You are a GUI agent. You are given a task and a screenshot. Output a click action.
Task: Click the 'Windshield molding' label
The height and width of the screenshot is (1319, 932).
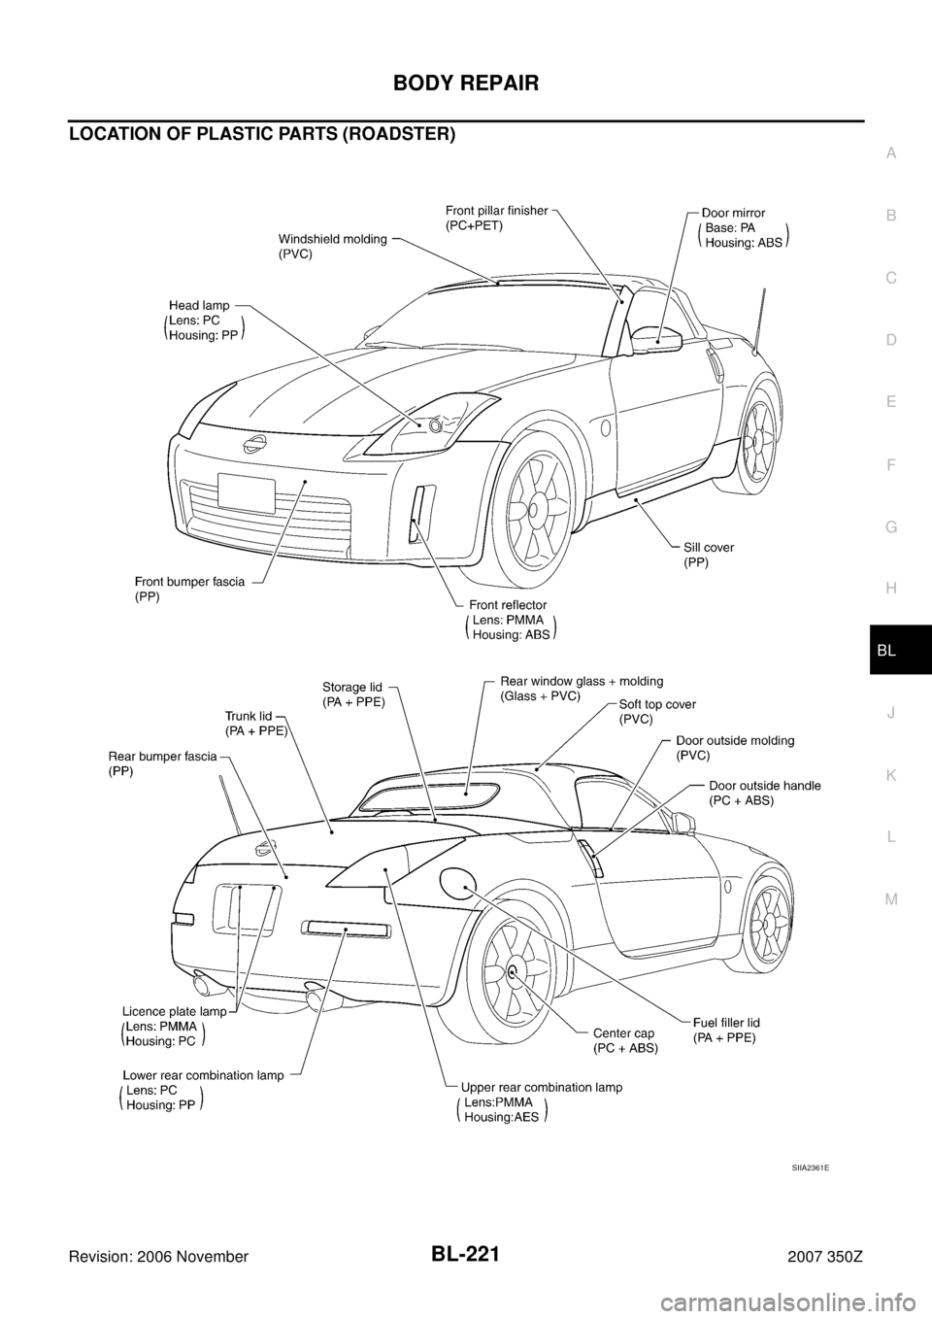333,238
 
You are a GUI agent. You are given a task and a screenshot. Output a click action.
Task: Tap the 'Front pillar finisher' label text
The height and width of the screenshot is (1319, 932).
497,210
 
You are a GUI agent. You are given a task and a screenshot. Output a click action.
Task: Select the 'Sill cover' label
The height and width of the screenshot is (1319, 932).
709,548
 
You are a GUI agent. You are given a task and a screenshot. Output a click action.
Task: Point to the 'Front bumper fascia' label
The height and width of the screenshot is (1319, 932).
189,581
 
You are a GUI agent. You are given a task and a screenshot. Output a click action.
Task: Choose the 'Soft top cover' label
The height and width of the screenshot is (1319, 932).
657,703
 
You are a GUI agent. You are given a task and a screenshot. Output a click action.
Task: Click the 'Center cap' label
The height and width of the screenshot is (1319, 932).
624,1032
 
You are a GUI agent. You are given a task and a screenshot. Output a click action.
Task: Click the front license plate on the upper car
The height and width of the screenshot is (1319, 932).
246,491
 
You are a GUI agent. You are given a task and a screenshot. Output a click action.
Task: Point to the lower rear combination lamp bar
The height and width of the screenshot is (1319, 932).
347,929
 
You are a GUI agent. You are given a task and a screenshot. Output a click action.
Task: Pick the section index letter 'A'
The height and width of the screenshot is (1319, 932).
890,152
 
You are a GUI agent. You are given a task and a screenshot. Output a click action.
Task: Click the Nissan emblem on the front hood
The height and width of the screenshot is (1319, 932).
255,443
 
